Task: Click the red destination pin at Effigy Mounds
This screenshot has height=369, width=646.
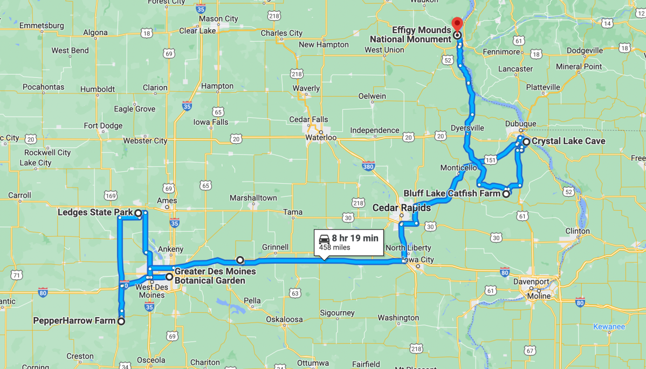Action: (x=457, y=24)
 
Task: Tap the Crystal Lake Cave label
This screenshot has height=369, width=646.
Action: (x=568, y=141)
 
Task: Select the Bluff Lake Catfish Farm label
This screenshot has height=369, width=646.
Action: (x=452, y=193)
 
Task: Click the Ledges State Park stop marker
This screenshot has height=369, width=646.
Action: (x=138, y=213)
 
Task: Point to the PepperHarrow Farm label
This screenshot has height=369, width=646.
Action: (x=74, y=320)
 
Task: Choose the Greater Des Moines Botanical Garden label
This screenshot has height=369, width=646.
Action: (x=210, y=276)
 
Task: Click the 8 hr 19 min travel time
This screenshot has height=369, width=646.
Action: (x=355, y=238)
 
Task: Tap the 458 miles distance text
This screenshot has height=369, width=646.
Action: (x=334, y=247)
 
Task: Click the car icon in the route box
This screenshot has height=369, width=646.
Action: (x=324, y=238)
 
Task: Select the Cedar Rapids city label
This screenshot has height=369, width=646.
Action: (x=402, y=208)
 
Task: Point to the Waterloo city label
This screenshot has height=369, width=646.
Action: (x=321, y=138)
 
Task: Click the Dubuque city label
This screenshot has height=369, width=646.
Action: (x=520, y=123)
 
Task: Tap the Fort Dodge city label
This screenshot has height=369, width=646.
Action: (x=103, y=126)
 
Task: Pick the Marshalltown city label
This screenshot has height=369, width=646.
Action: (x=253, y=198)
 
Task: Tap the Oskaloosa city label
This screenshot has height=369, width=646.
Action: (x=284, y=319)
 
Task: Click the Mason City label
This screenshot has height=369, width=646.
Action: (x=218, y=19)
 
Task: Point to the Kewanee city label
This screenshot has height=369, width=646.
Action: (x=609, y=326)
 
